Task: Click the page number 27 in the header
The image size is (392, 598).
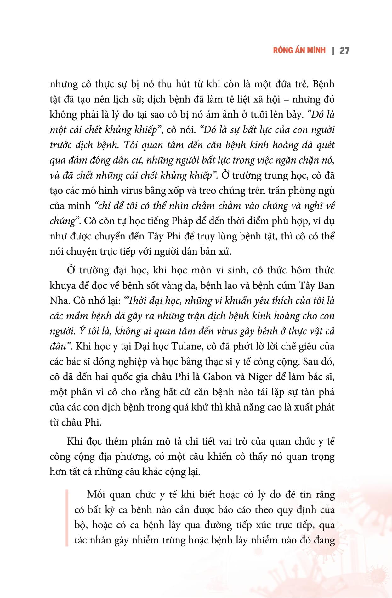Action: coord(344,51)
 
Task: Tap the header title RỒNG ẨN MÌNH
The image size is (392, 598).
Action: coord(299,50)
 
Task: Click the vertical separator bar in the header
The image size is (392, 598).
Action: coord(333,51)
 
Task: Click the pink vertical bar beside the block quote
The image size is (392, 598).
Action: coord(67,517)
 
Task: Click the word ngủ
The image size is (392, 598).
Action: coord(327,191)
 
